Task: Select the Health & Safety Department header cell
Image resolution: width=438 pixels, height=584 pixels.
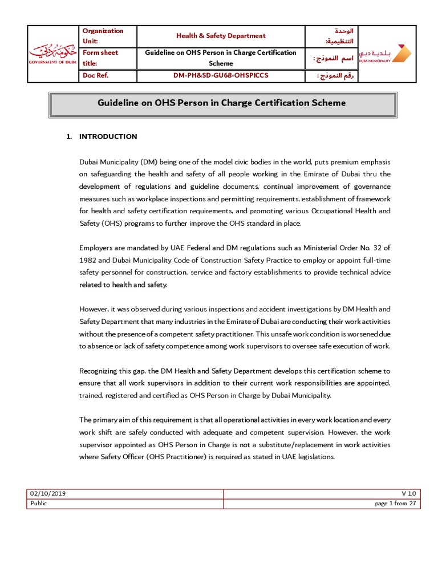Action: pos(221,35)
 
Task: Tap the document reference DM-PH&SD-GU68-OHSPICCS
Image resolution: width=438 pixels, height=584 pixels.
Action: pos(221,76)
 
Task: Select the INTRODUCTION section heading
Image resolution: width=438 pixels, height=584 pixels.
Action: pos(108,136)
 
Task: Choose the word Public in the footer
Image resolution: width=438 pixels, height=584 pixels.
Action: pos(39,503)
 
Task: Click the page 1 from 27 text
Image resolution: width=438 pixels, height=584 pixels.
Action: pos(395,503)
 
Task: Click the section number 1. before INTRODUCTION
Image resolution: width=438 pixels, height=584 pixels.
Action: pos(69,136)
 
